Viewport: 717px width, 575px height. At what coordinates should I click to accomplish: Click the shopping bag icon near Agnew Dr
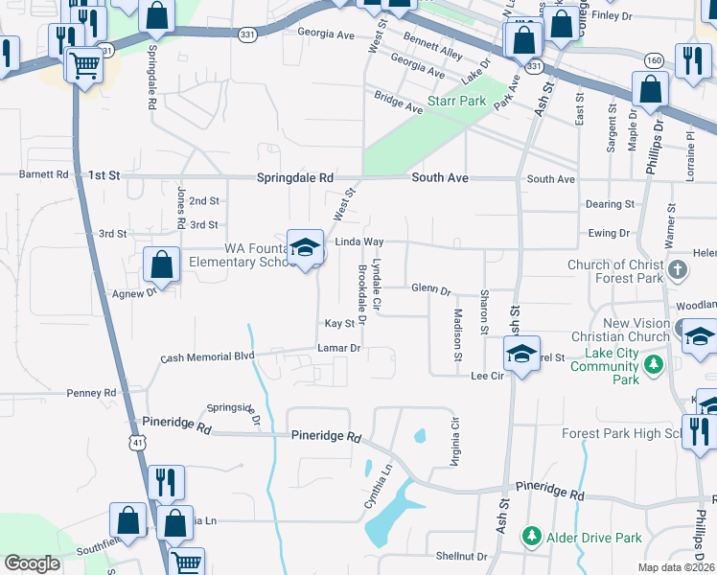click(x=162, y=263)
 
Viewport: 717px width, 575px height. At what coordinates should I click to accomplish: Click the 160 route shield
click(x=654, y=59)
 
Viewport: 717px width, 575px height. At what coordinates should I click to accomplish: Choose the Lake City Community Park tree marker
click(x=654, y=363)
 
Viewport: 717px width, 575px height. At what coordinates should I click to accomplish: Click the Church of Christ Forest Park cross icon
click(x=678, y=268)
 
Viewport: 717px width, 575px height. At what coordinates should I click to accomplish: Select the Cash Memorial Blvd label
click(x=207, y=356)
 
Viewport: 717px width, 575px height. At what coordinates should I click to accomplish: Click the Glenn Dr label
click(x=430, y=288)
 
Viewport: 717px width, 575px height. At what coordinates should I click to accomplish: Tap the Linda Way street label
click(x=358, y=241)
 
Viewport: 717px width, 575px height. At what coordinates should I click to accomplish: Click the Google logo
click(x=32, y=563)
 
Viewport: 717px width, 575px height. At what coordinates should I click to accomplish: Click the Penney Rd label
click(x=91, y=393)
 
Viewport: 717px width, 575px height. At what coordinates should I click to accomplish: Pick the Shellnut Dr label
click(x=462, y=556)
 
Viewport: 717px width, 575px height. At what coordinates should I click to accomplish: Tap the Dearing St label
click(x=610, y=204)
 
